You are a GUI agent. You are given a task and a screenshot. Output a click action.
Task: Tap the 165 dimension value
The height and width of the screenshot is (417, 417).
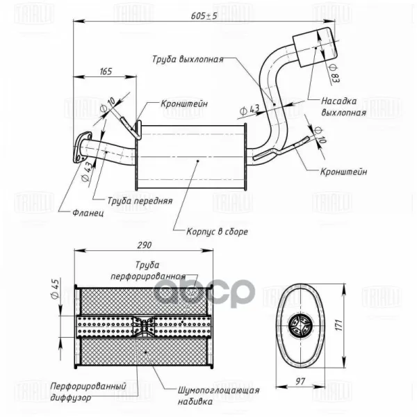[106, 72]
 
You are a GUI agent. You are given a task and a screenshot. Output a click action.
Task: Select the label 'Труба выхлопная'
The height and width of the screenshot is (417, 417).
[187, 60]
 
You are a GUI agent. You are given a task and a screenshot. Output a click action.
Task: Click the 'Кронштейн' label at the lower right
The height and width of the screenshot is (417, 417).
[344, 171]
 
